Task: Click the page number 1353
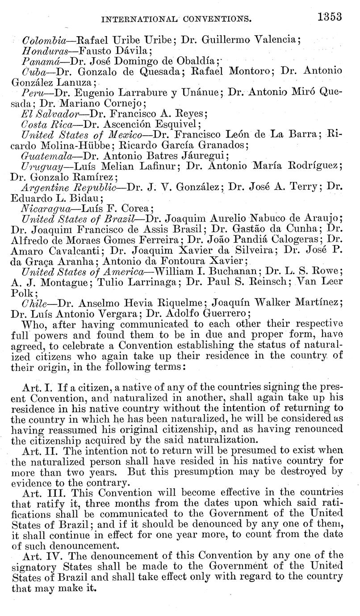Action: [330, 17]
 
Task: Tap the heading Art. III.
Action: [39, 494]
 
